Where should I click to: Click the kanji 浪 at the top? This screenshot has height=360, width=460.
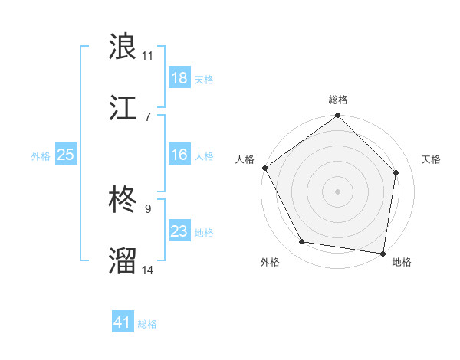pyautogui.click(x=123, y=47)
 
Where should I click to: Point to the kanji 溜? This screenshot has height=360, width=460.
pyautogui.click(x=123, y=260)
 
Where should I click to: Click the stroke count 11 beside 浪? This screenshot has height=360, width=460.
pyautogui.click(x=147, y=55)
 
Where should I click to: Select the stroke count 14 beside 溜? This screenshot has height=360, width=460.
pyautogui.click(x=148, y=270)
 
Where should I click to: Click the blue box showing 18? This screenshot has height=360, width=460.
pyautogui.click(x=179, y=78)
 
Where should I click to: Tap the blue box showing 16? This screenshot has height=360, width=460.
pyautogui.click(x=179, y=155)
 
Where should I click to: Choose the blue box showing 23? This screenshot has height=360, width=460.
pyautogui.click(x=179, y=231)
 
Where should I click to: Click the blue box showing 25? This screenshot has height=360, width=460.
pyautogui.click(x=66, y=155)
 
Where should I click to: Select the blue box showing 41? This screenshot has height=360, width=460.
pyautogui.click(x=123, y=322)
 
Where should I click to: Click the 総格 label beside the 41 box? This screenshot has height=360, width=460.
pyautogui.click(x=147, y=324)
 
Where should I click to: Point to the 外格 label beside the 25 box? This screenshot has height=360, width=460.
pyautogui.click(x=41, y=155)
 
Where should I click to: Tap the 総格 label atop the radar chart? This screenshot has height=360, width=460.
pyautogui.click(x=338, y=100)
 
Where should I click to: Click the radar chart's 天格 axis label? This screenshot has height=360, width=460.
pyautogui.click(x=432, y=159)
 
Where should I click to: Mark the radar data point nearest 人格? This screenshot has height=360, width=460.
pyautogui.click(x=264, y=168)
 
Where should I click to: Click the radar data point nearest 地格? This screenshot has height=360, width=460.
pyautogui.click(x=383, y=253)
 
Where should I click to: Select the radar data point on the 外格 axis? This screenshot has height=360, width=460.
pyautogui.click(x=302, y=242)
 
